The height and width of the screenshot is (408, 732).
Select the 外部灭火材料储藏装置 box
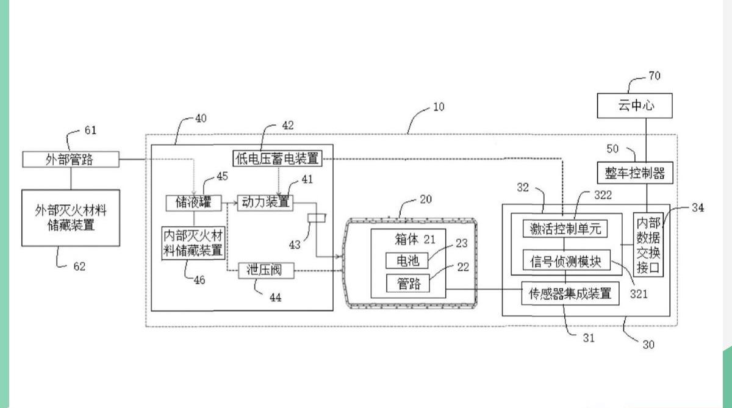coord(71,218)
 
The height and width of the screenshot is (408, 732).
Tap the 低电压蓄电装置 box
coord(276,158)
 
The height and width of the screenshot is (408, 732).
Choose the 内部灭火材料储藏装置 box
coord(193,243)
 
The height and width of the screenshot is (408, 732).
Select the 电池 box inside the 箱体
coord(407,260)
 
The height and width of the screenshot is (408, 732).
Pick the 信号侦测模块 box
coord(565,261)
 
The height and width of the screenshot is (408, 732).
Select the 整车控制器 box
coord(634,173)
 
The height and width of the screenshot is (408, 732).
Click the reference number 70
coord(654,76)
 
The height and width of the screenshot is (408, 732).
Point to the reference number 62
coord(79,266)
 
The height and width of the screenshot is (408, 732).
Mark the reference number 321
coord(639,294)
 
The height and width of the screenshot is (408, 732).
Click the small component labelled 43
coord(317,218)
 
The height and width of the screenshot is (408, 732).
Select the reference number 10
coord(439,107)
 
